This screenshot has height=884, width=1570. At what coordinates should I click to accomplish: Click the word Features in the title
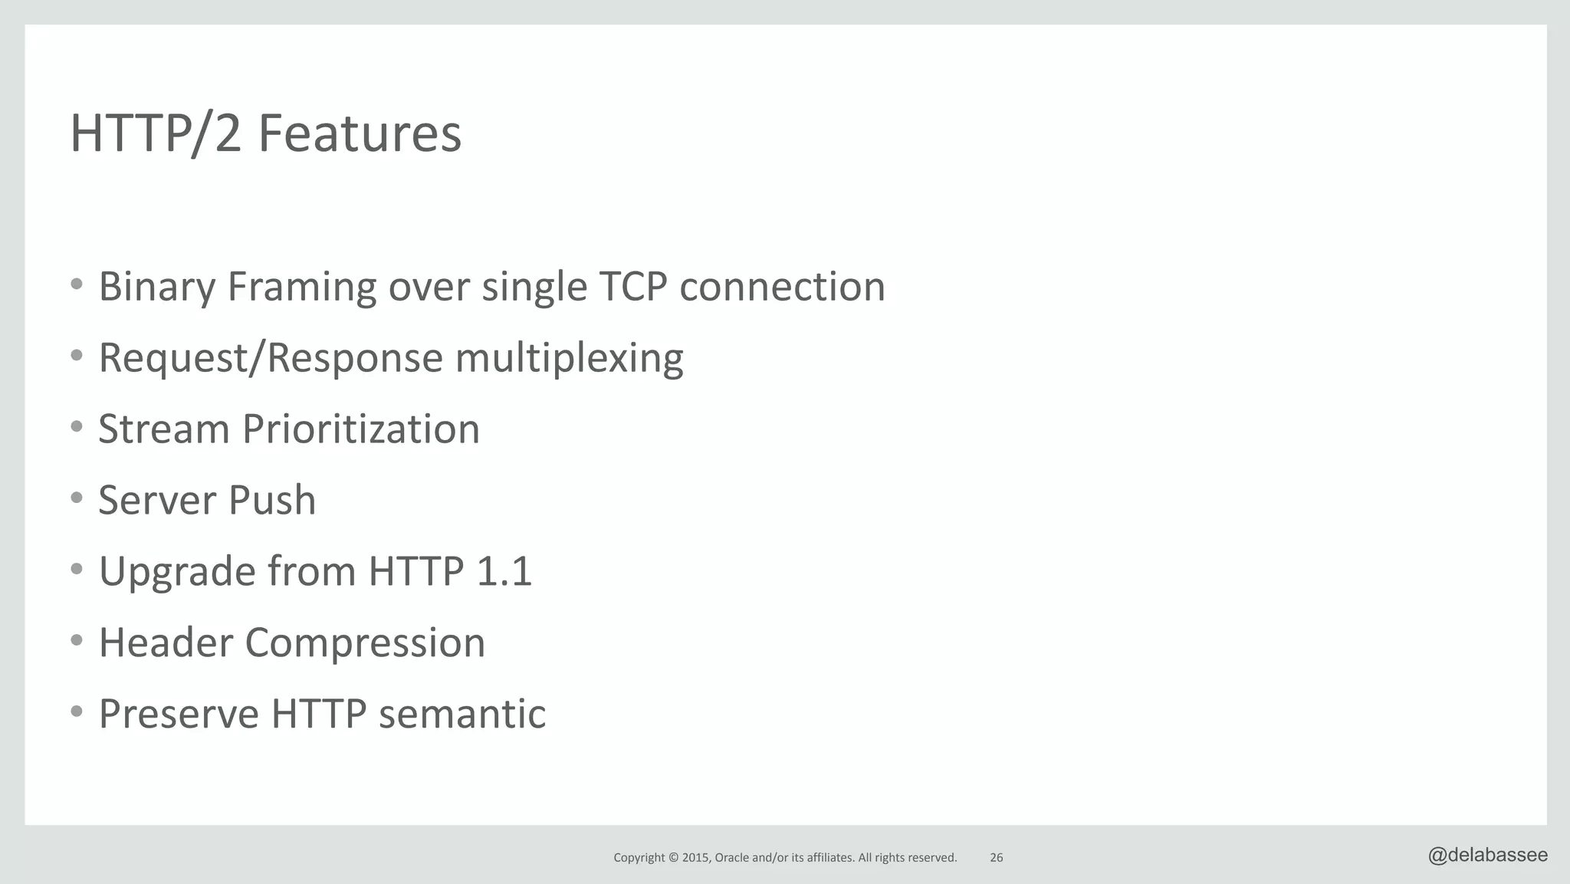coord(360,133)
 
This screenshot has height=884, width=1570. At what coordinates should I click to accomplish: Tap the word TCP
coord(632,287)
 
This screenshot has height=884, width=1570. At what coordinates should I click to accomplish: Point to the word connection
coord(782,287)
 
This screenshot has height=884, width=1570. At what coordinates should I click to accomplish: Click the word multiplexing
coord(569,358)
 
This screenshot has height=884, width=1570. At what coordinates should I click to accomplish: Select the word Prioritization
coord(361,429)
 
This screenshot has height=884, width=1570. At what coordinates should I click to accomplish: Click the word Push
coord(272,500)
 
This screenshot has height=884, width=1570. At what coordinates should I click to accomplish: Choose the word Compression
coord(365,642)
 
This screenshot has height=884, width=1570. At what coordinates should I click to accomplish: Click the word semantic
coord(462,714)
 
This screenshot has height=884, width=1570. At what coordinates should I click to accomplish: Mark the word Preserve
coord(179,714)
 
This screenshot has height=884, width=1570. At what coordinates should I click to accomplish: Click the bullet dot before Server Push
coord(76,498)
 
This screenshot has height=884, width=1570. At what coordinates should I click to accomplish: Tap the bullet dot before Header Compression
coord(76,641)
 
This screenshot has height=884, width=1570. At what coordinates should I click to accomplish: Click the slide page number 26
coord(996,858)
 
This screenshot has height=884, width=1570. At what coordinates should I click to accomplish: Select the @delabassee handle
coord(1487,856)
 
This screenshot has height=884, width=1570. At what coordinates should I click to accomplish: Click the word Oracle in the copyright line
coord(731,858)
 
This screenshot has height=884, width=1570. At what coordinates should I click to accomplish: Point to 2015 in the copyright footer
coord(696,858)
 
